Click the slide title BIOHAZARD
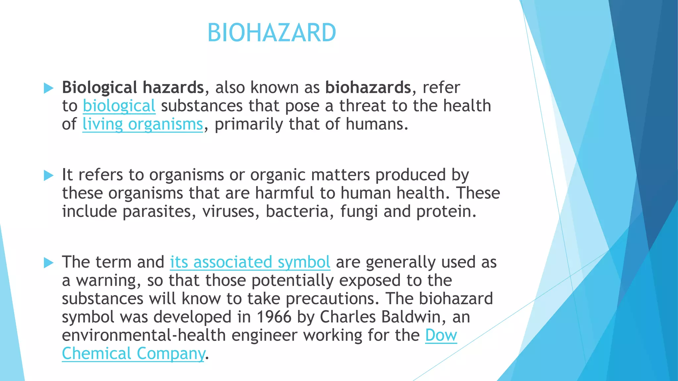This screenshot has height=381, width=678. click(271, 33)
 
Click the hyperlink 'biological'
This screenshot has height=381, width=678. click(119, 106)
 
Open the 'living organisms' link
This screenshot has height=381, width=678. click(142, 124)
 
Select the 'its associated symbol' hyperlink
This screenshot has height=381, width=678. click(250, 262)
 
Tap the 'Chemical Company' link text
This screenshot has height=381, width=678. click(133, 354)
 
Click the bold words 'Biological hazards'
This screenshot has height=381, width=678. click(133, 88)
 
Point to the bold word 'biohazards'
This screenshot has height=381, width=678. click(368, 88)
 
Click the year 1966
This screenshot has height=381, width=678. click(274, 317)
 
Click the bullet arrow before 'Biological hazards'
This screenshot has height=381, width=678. click(48, 88)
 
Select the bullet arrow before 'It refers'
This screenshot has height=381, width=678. click(48, 175)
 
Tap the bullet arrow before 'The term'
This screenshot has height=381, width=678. click(48, 263)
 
